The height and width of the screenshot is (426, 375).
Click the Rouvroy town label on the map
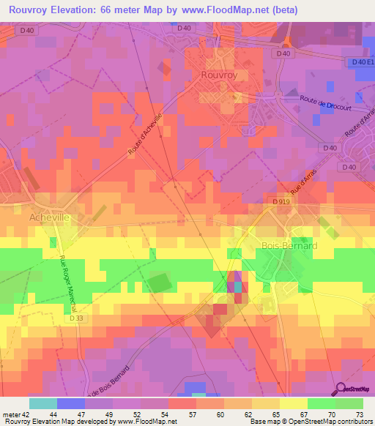click(x=220, y=75)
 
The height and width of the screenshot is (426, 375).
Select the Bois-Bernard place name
click(x=289, y=246)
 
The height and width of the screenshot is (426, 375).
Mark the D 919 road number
click(x=282, y=201)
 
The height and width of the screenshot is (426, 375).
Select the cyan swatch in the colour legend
click(x=43, y=403)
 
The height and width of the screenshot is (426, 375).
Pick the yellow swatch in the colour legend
click(x=293, y=403)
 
